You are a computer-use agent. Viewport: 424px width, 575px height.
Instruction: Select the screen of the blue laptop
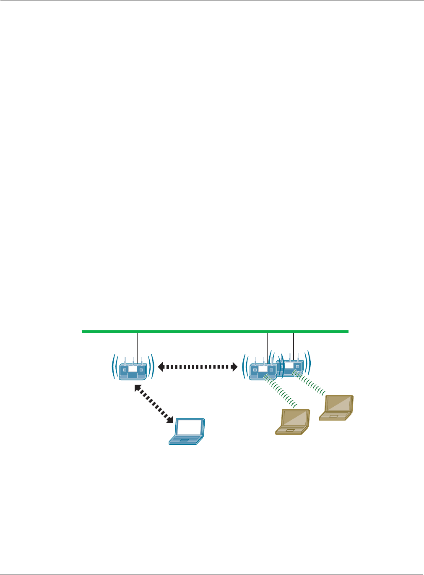[x=190, y=427]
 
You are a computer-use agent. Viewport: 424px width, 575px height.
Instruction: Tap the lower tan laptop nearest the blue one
[x=293, y=421]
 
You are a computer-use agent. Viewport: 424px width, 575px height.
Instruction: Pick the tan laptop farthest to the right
[x=336, y=407]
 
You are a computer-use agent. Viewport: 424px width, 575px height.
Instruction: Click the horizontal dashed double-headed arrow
[x=198, y=367]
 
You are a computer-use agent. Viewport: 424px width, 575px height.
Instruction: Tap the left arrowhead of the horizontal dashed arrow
[x=161, y=367]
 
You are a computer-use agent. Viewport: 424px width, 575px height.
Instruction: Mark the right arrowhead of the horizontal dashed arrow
[x=234, y=367]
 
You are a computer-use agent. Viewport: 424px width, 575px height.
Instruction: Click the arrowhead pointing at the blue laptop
[x=170, y=419]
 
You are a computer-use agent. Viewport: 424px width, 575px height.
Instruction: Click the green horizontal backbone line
[x=215, y=332]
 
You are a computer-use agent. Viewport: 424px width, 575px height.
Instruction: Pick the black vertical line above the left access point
[x=137, y=346]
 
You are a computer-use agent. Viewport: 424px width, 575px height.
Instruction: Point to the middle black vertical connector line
[x=267, y=346]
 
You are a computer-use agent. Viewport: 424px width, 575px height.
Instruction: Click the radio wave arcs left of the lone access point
[x=114, y=367]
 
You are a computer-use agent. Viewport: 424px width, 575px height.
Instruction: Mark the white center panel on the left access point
[x=133, y=369]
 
